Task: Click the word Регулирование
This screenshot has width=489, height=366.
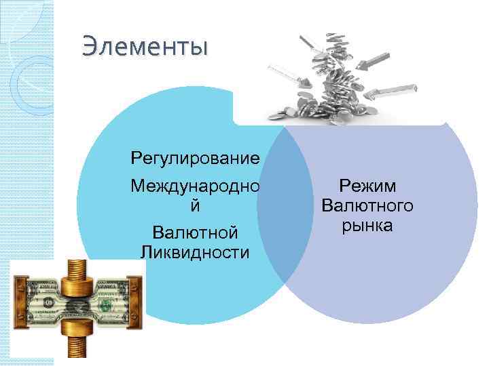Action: click(x=196, y=159)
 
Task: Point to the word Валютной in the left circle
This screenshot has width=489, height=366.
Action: click(x=195, y=233)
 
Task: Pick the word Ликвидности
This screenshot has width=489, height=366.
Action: click(x=195, y=253)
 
